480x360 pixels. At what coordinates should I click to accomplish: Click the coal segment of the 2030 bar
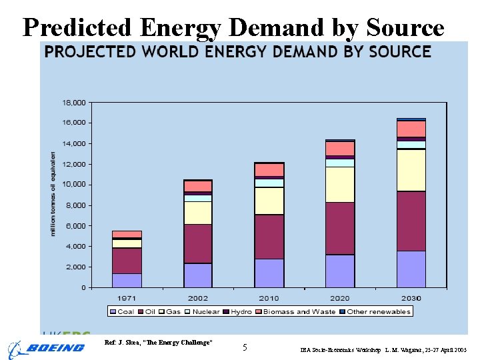click(x=411, y=269)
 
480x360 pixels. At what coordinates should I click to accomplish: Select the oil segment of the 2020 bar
click(x=340, y=228)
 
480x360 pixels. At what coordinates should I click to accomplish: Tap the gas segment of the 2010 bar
click(x=269, y=201)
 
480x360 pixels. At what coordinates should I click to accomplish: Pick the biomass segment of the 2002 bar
click(x=198, y=186)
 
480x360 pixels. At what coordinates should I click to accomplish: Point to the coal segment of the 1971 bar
click(x=127, y=280)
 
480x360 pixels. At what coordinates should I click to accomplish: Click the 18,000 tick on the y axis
click(x=75, y=103)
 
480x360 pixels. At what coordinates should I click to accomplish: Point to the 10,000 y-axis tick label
click(x=75, y=185)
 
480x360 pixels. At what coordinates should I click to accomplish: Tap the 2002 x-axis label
click(x=198, y=298)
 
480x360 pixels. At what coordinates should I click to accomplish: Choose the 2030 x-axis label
click(x=411, y=298)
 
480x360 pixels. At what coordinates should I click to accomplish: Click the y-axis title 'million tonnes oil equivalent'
click(x=53, y=193)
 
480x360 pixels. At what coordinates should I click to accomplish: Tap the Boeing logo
click(x=47, y=348)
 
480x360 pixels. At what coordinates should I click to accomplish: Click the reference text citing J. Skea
click(x=159, y=342)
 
